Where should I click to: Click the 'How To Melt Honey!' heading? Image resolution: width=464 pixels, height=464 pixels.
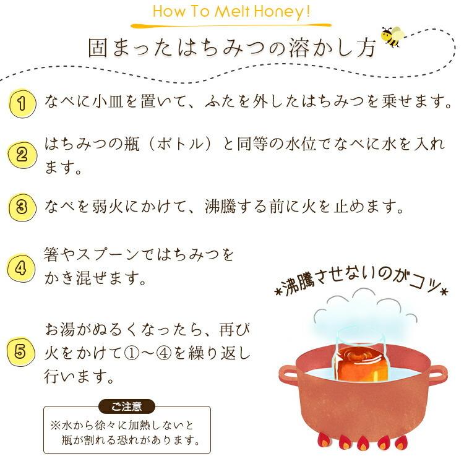tap(231, 12)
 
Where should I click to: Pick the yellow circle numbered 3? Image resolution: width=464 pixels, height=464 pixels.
tap(21, 207)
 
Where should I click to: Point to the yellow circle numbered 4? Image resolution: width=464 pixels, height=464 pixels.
tap(21, 267)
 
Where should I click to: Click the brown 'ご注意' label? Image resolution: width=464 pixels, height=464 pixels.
tap(127, 406)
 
